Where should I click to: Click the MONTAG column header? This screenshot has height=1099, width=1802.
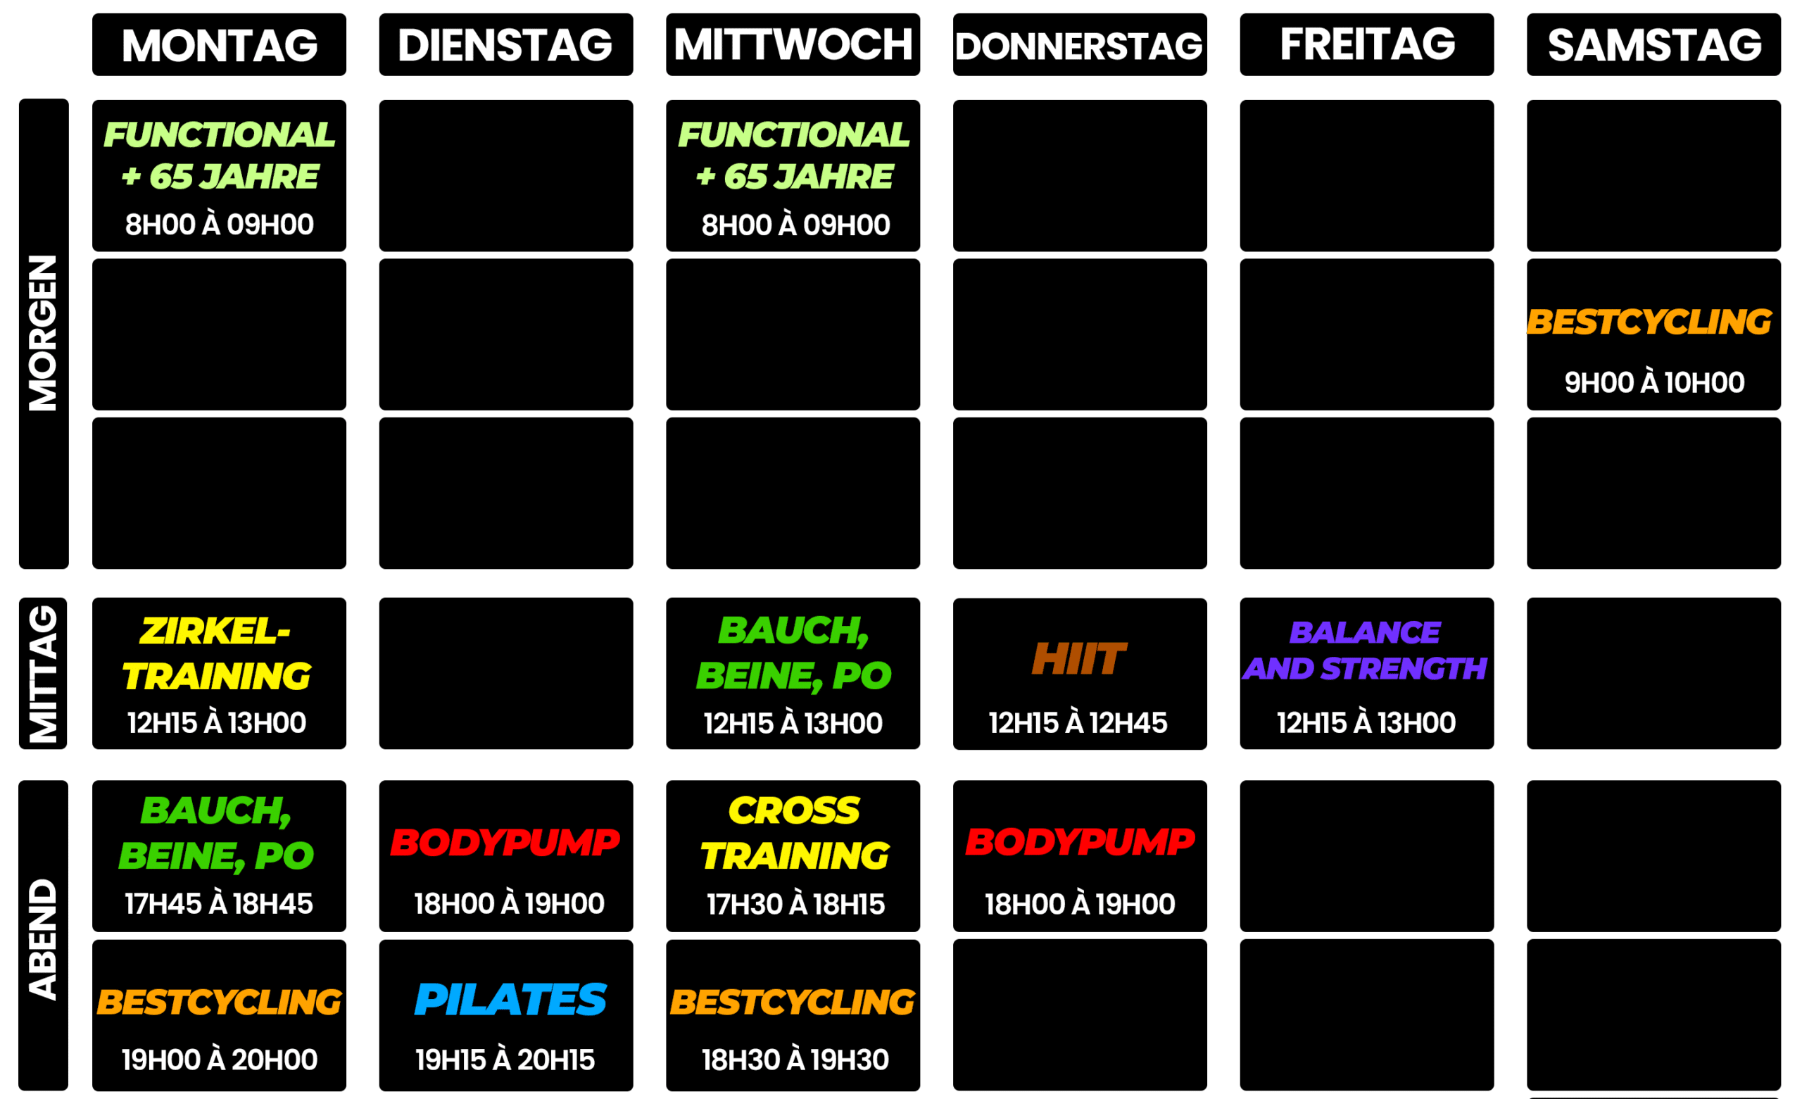(x=220, y=45)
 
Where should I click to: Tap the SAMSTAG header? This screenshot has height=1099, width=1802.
(x=1654, y=45)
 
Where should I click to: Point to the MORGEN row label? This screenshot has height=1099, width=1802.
(x=43, y=333)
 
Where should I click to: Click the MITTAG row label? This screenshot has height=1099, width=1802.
(x=43, y=673)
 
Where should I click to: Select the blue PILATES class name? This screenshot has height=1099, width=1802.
(x=510, y=1000)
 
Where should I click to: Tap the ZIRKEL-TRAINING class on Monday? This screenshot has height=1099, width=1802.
(x=217, y=653)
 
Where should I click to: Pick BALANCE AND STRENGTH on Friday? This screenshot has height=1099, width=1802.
(x=1366, y=651)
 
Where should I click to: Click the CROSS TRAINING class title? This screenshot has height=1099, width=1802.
(x=795, y=834)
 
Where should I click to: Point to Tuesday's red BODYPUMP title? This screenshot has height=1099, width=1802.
(x=505, y=842)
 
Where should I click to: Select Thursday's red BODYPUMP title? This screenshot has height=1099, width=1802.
(x=1080, y=841)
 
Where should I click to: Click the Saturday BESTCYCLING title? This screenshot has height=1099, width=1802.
(x=1650, y=322)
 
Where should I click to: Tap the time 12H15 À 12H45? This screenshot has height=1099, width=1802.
(x=1078, y=723)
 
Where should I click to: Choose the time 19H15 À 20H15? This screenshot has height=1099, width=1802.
(x=505, y=1060)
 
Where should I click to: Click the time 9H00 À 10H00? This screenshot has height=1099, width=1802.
(x=1654, y=383)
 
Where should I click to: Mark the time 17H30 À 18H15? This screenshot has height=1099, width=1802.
(x=795, y=905)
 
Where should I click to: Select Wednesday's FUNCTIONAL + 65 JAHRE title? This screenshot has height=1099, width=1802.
(x=793, y=155)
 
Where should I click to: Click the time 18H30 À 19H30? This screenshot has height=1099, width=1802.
(x=795, y=1060)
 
